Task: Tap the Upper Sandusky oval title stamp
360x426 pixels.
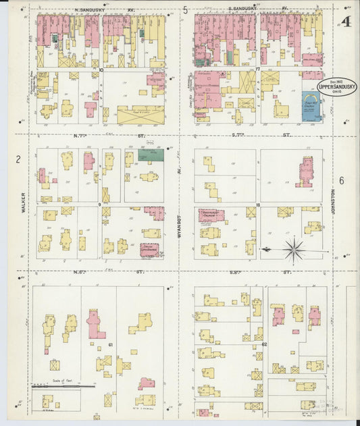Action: click(337, 86)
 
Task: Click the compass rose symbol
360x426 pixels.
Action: click(294, 250)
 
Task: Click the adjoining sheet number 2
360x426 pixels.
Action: click(19, 159)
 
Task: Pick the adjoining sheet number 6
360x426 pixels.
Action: click(342, 180)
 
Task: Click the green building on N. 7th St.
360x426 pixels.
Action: click(151, 155)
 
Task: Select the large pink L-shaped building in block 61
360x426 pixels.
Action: click(95, 325)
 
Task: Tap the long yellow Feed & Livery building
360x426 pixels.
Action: click(140, 115)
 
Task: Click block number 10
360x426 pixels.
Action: click(101, 70)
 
